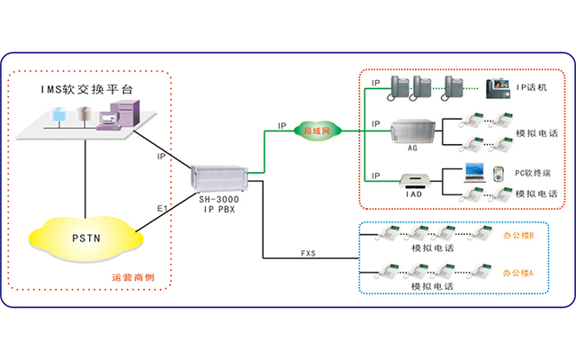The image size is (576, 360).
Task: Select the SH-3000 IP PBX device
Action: [x=218, y=175]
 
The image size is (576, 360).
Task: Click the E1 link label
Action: [x=163, y=209]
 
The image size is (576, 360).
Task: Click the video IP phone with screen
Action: [x=498, y=88]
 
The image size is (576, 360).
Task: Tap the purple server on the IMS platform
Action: [x=120, y=115]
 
